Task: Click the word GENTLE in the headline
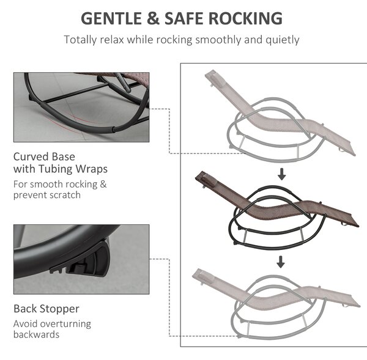pyautogui.click(x=111, y=18)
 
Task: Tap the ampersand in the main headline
pyautogui.click(x=154, y=18)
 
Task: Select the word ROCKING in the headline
pyautogui.click(x=245, y=18)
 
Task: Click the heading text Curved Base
pyautogui.click(x=44, y=156)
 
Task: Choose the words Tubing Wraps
pyautogui.click(x=73, y=169)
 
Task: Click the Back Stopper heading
pyautogui.click(x=46, y=309)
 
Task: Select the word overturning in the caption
pyautogui.click(x=62, y=324)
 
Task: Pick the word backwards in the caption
pyautogui.click(x=36, y=334)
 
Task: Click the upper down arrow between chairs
pyautogui.click(x=282, y=174)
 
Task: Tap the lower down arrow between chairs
pyautogui.click(x=281, y=262)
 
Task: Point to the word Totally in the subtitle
pyautogui.click(x=80, y=40)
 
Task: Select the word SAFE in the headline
pyautogui.click(x=183, y=18)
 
